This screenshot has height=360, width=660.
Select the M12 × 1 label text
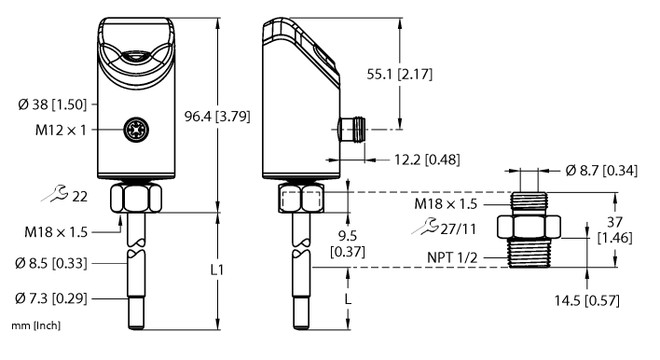click(53, 130)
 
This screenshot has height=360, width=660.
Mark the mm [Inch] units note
click(29, 328)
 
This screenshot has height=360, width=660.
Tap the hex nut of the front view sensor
click(129, 198)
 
